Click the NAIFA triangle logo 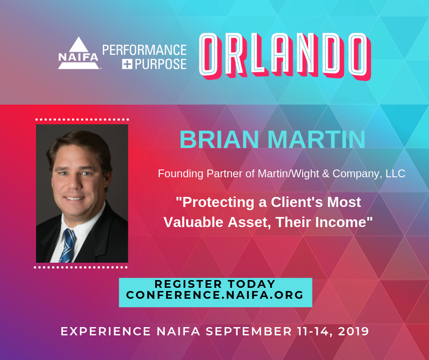78,53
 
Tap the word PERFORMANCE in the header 145,50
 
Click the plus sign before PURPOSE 127,64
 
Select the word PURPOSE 161,64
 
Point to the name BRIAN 220,139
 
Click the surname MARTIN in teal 316,139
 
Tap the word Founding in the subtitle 181,174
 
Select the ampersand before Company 325,174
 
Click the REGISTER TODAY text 215,284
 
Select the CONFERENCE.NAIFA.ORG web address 215,295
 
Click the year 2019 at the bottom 354,331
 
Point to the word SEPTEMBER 249,331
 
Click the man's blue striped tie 67,246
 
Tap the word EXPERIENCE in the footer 105,331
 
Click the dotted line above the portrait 82,119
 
